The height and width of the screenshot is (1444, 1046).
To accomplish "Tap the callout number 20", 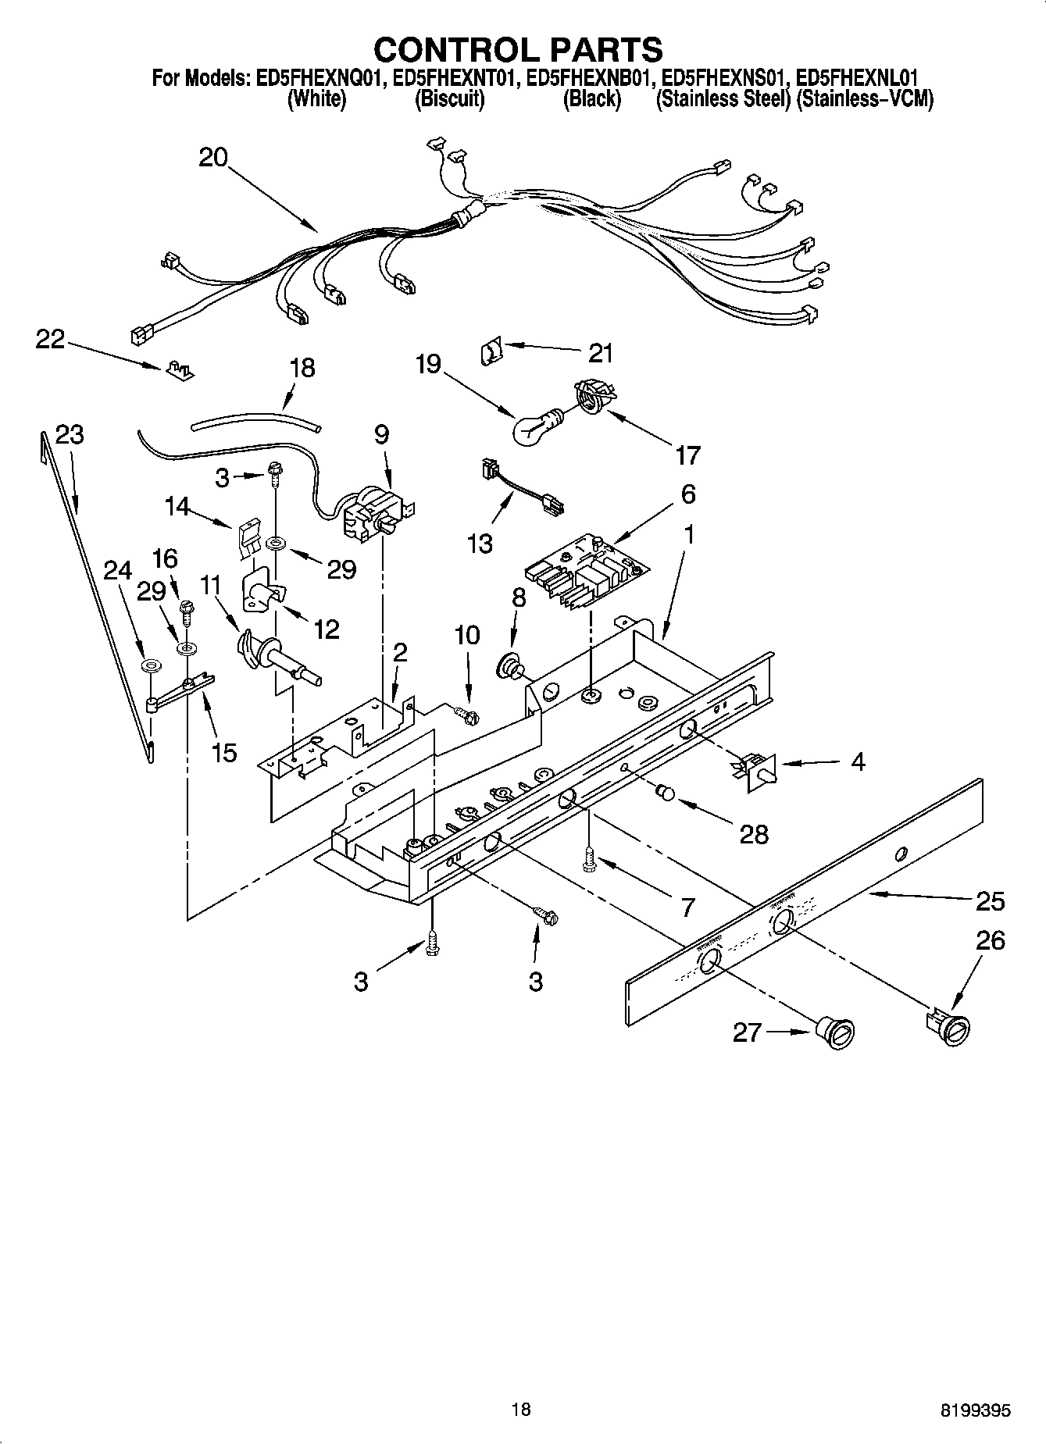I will click(x=212, y=158).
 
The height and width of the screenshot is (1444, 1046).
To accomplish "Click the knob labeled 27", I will click(x=837, y=1032).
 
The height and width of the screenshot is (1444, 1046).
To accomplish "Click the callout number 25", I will click(x=990, y=901).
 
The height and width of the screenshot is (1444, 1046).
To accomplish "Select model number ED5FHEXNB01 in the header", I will click(x=590, y=78).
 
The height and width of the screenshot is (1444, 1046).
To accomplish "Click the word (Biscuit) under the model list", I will click(x=449, y=99).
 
